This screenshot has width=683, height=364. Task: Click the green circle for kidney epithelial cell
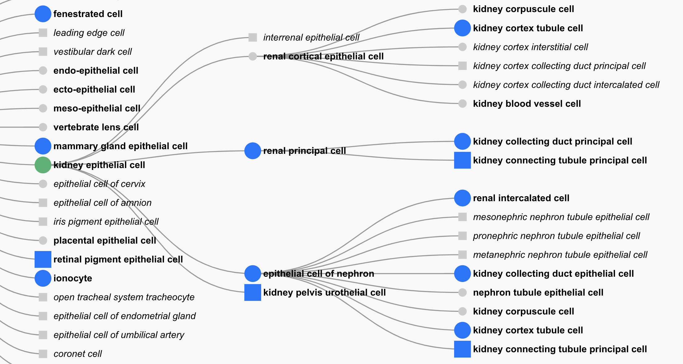pyautogui.click(x=43, y=165)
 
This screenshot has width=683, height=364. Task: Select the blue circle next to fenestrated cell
pyautogui.click(x=43, y=14)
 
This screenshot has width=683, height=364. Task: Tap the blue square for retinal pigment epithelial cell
pyautogui.click(x=43, y=259)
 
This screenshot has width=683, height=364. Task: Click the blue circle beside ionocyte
pyautogui.click(x=43, y=278)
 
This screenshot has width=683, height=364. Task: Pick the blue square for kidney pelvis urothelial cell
pyautogui.click(x=252, y=292)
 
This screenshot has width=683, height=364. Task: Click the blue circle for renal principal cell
pyautogui.click(x=252, y=151)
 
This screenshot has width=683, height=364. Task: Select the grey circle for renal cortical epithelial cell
pyautogui.click(x=252, y=56)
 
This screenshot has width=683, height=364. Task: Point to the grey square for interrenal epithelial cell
pyautogui.click(x=252, y=37)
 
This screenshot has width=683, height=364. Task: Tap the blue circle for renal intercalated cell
pyautogui.click(x=462, y=198)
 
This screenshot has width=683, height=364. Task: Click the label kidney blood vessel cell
pyautogui.click(x=527, y=104)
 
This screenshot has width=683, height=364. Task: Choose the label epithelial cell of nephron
pyautogui.click(x=319, y=274)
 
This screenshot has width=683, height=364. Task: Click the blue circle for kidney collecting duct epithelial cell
pyautogui.click(x=462, y=274)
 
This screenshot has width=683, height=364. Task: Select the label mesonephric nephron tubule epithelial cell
pyautogui.click(x=561, y=217)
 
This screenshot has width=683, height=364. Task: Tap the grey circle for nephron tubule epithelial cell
pyautogui.click(x=462, y=292)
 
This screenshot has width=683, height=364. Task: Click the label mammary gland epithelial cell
pyautogui.click(x=120, y=146)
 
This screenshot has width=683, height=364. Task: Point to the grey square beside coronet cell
pyautogui.click(x=43, y=354)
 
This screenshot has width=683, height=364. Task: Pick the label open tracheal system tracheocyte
pyautogui.click(x=124, y=297)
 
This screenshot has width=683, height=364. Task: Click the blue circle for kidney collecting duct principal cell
pyautogui.click(x=462, y=141)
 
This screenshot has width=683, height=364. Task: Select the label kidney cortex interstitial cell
pyautogui.click(x=530, y=47)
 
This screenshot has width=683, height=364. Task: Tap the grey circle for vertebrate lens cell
pyautogui.click(x=43, y=127)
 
